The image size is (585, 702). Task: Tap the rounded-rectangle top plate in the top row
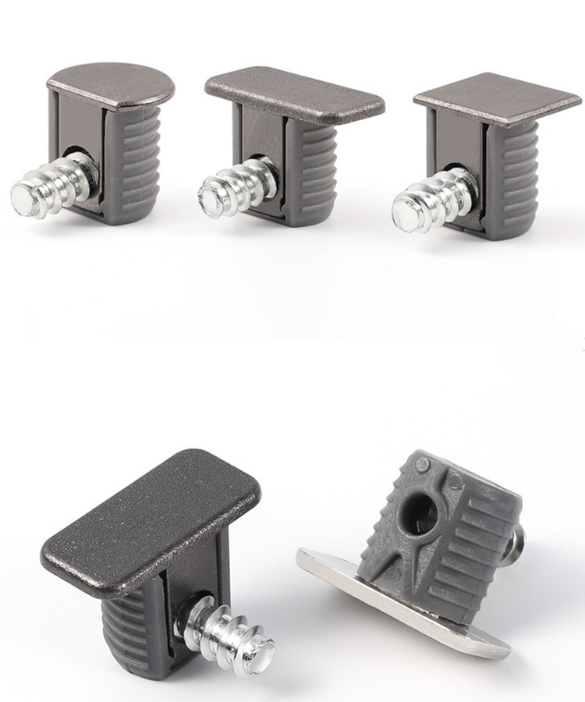[295, 92]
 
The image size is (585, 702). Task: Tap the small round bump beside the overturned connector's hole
[422, 466]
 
